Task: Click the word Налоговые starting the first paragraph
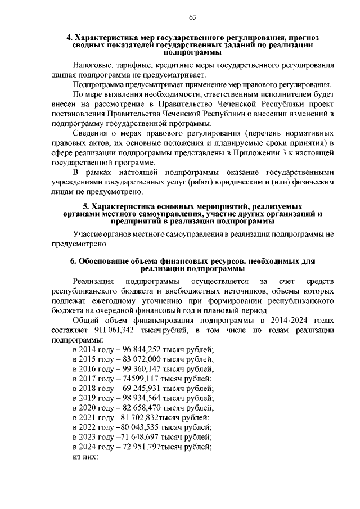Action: pyautogui.click(x=93, y=65)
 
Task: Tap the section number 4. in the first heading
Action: pyautogui.click(x=70, y=37)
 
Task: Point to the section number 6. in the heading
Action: pyautogui.click(x=73, y=261)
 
